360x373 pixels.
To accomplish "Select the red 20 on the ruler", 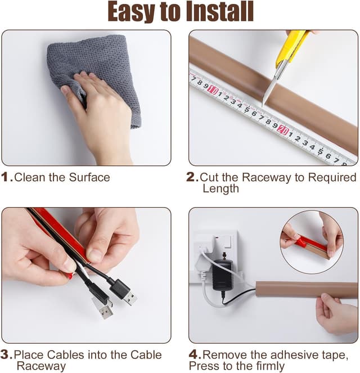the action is coord(283,130).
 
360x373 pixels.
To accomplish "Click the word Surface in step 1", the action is coord(89,177).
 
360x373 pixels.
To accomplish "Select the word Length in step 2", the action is coord(220,188).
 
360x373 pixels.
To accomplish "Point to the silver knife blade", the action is coord(271,86).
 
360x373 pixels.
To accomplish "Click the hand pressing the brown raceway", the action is coord(336,314).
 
